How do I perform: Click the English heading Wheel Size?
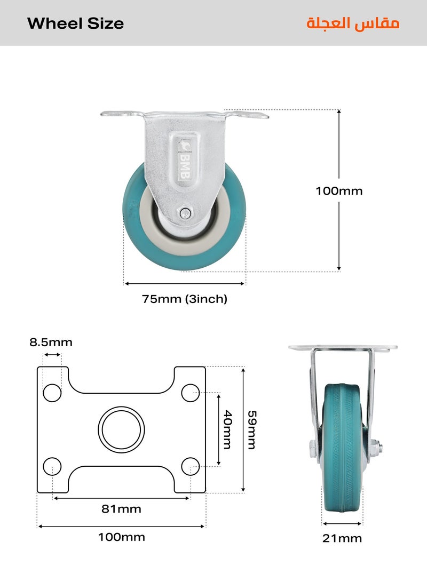(x=75, y=23)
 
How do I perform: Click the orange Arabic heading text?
(x=353, y=23)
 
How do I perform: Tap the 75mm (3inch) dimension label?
(x=185, y=299)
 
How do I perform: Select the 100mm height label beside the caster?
(x=339, y=191)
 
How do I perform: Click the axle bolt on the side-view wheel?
(x=185, y=213)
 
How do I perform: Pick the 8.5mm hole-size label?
(x=51, y=342)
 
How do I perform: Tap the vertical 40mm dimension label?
(x=228, y=429)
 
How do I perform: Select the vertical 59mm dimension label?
(x=251, y=429)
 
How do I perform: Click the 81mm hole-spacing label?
(x=122, y=509)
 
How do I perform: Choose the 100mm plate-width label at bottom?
(x=122, y=537)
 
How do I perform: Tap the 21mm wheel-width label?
(x=342, y=538)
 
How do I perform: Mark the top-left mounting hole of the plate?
(x=52, y=393)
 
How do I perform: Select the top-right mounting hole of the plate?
(x=190, y=393)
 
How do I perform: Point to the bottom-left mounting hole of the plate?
(x=52, y=466)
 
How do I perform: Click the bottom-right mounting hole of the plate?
(x=190, y=466)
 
